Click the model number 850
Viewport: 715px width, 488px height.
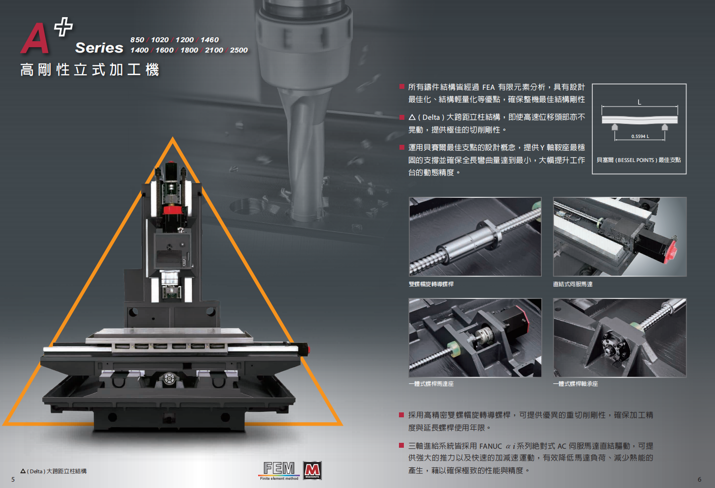click(x=137, y=40)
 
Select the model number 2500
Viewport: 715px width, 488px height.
click(x=239, y=50)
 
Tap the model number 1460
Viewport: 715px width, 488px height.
click(x=210, y=40)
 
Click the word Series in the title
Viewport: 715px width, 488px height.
click(x=99, y=48)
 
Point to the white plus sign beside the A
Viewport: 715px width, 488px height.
click(x=63, y=27)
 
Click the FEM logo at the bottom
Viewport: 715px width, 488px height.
click(x=279, y=470)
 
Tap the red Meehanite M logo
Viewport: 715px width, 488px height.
click(x=312, y=470)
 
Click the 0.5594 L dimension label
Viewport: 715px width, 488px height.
click(x=640, y=136)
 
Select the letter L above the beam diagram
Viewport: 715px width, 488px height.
click(x=639, y=102)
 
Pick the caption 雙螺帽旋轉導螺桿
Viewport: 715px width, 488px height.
click(x=431, y=284)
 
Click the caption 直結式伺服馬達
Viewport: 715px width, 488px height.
click(x=573, y=284)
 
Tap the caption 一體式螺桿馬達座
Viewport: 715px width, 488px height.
click(x=431, y=384)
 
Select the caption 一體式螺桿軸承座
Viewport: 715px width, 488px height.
click(x=576, y=384)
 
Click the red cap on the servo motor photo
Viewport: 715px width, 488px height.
click(x=671, y=252)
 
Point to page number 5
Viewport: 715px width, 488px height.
click(x=13, y=479)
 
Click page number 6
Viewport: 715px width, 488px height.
click(x=699, y=479)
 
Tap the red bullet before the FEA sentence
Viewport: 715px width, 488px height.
click(x=402, y=86)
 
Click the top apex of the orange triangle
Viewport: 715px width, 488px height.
click(x=173, y=137)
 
